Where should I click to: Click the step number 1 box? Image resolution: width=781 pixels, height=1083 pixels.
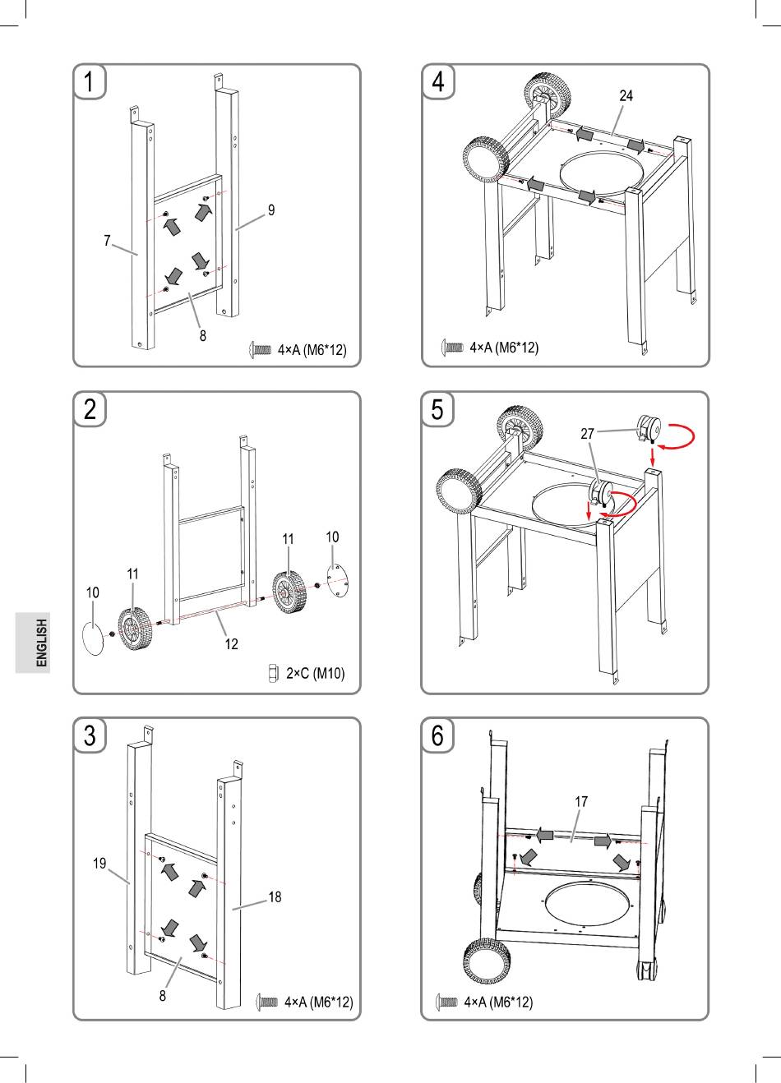pos(90,82)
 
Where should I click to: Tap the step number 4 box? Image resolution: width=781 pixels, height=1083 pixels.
pos(438,82)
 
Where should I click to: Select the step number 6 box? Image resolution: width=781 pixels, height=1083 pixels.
pos(438,735)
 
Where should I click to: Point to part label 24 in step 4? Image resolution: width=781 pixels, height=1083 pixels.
pos(626,96)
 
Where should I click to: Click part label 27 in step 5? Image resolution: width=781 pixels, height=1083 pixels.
pos(588,434)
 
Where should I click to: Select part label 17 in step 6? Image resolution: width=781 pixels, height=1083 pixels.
pos(581,800)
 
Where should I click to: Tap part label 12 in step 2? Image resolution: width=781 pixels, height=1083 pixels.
pos(232,644)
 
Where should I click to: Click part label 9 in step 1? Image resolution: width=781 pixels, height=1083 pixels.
pos(270,210)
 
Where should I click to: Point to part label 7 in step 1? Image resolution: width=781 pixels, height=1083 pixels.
pos(107,241)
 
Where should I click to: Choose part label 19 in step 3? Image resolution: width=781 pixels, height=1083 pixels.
pos(99,864)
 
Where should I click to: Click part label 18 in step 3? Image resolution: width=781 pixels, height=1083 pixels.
pos(275,897)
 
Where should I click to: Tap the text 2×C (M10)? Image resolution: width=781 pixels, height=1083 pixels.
pos(316,674)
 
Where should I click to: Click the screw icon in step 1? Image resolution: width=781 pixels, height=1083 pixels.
pos(260,350)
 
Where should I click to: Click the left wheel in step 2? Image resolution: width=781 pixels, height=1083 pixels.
pos(130,629)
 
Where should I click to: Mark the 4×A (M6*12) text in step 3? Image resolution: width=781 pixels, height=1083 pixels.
pos(318,1002)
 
